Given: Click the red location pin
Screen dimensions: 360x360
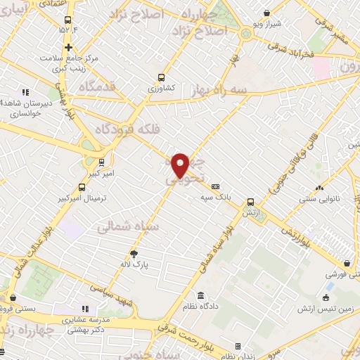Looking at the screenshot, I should point(181,165).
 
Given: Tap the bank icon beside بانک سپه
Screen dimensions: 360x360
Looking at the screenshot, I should point(215,186).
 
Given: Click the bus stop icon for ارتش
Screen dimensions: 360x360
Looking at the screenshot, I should point(250,200).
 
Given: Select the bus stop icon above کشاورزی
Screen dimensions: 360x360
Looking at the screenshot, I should point(162,78).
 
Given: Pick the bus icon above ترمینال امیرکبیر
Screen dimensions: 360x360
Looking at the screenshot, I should point(82,187).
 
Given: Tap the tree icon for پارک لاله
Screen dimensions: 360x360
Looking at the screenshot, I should point(134,255).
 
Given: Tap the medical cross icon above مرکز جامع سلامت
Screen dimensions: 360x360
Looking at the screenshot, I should point(68,47).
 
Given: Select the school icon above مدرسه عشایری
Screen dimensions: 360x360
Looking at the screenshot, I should point(86,308).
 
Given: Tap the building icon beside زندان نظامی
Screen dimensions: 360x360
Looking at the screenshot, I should point(238,346).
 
